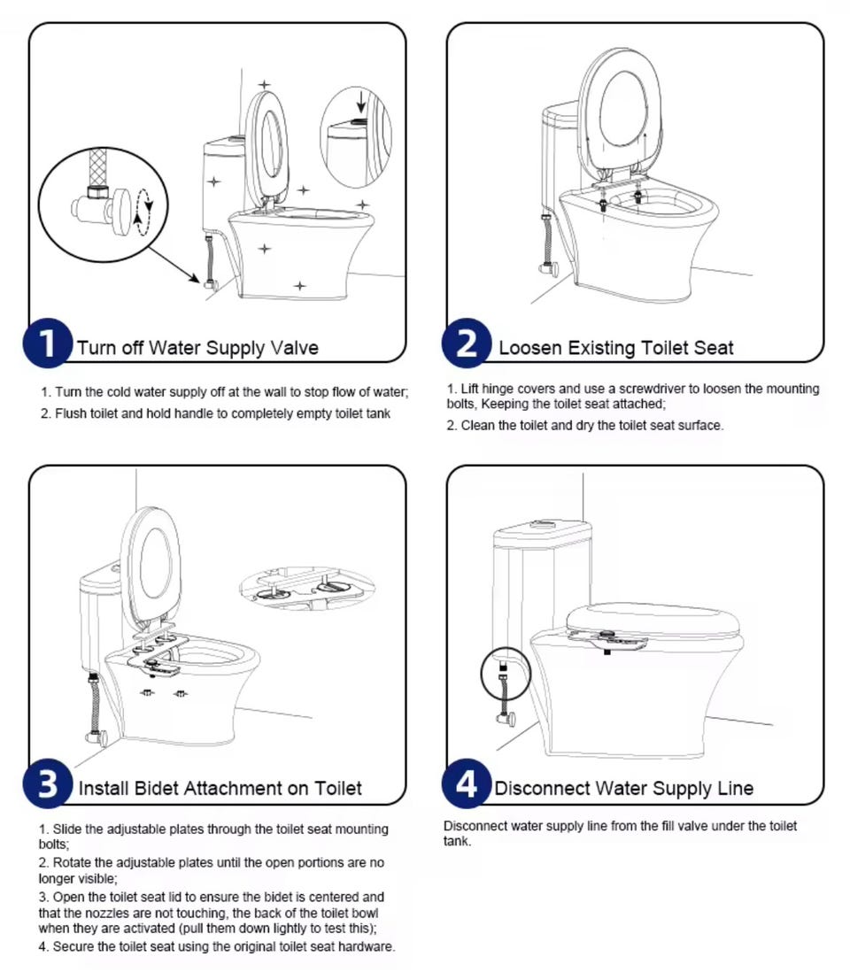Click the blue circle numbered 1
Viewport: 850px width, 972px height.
click(48, 343)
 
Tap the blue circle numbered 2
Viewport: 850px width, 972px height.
click(467, 343)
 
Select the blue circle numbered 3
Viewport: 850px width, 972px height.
click(48, 783)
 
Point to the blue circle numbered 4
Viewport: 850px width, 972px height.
click(467, 783)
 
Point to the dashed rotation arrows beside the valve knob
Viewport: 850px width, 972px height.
click(143, 212)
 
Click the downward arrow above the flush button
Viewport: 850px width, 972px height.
click(361, 102)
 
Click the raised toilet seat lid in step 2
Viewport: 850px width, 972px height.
click(620, 111)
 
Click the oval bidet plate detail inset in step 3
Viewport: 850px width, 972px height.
click(307, 586)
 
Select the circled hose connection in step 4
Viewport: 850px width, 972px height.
click(506, 673)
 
